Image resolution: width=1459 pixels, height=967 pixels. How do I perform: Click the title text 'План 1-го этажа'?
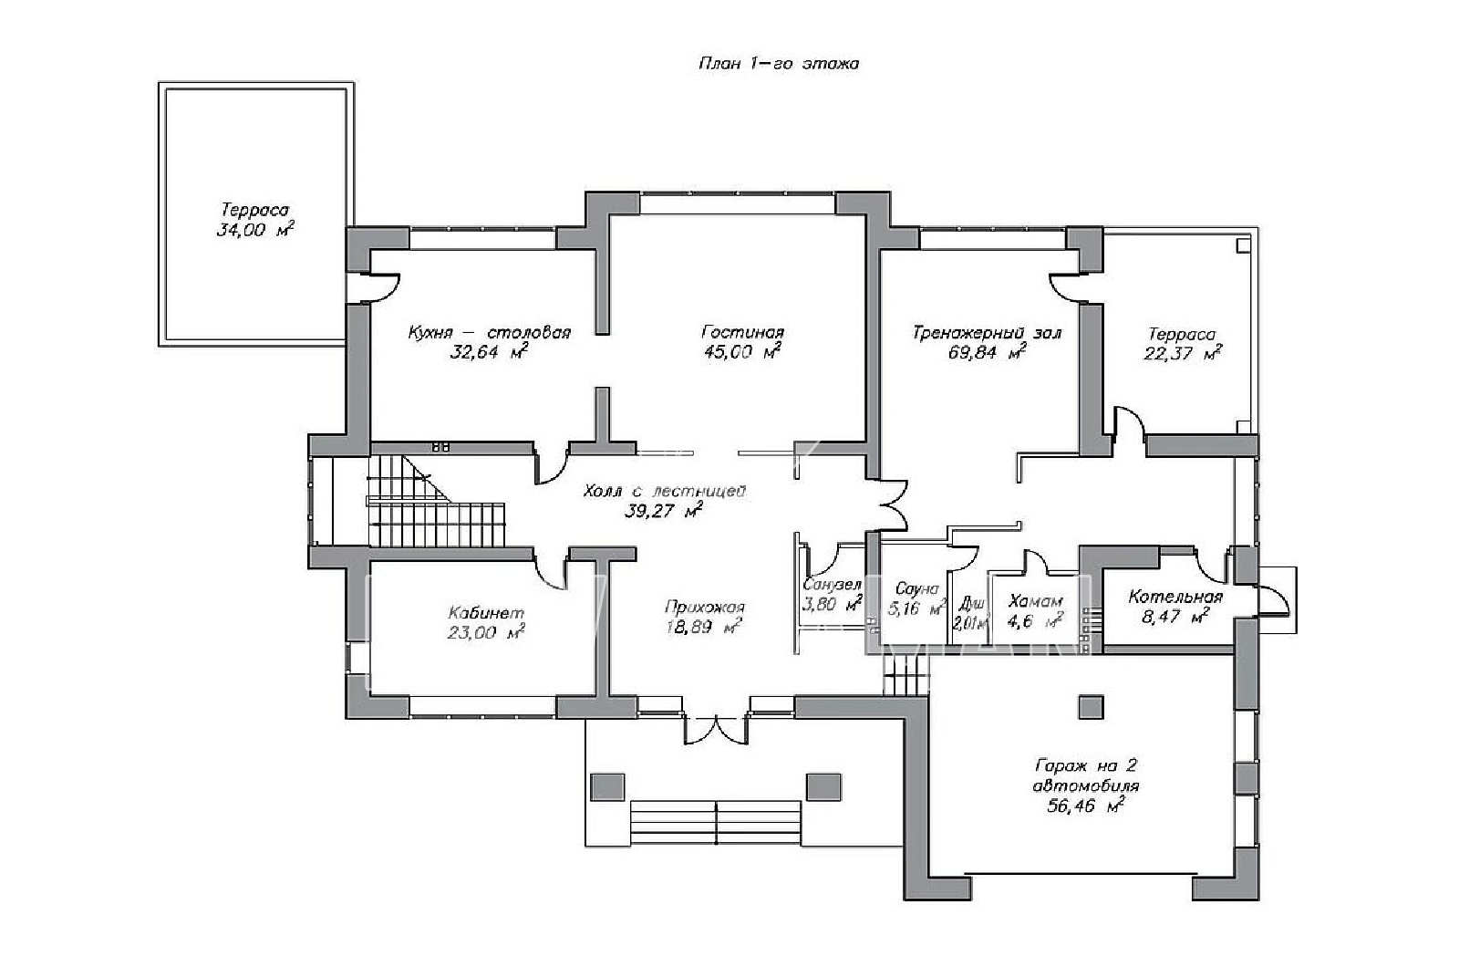[x=779, y=63]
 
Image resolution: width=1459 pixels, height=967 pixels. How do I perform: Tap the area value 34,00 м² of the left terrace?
[x=255, y=229]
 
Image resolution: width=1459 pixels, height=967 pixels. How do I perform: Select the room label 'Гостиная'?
[x=742, y=332]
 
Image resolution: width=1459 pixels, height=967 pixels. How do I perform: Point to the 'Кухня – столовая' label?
[x=489, y=332]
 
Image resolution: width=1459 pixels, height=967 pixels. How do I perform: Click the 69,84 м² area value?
[x=988, y=352]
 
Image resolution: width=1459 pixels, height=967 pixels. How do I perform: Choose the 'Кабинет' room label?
[x=486, y=612]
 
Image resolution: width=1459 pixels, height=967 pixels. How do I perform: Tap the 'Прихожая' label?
[x=704, y=608]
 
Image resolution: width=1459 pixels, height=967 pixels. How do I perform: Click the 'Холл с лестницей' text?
[x=664, y=491]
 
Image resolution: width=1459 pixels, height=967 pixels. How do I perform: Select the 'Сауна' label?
[x=917, y=589]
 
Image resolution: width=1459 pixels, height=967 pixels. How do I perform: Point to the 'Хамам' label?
[x=1035, y=601]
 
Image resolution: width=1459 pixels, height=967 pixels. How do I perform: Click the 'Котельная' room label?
[x=1175, y=597]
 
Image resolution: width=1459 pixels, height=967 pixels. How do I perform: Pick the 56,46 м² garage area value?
[x=1086, y=806]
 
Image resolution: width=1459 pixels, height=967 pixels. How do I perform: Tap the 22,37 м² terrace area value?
[x=1182, y=353]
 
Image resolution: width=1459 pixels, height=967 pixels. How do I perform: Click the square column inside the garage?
[x=1091, y=707]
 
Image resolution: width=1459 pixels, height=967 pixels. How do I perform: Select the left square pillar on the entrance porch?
[x=607, y=787]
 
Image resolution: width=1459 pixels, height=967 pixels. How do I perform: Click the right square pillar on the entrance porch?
[x=824, y=787]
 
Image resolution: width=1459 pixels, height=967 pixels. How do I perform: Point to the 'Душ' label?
[x=971, y=603]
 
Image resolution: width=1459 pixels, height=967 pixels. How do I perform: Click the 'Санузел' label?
[x=832, y=585]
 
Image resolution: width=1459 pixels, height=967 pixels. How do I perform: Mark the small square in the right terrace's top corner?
[x=1244, y=245]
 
